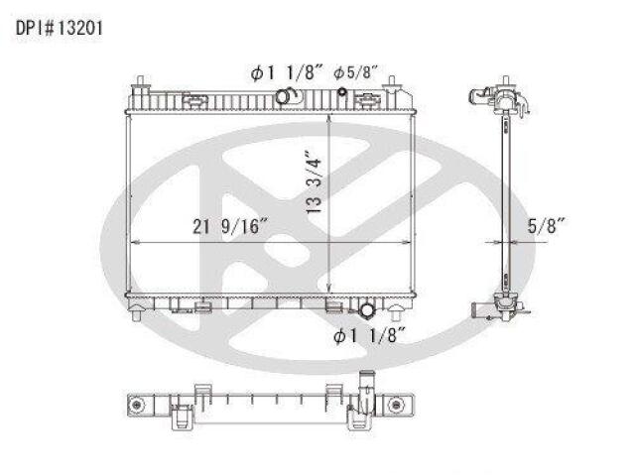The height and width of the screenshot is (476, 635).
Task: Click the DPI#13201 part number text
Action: point(60,29)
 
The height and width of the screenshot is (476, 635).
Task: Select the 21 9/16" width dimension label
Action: point(230,226)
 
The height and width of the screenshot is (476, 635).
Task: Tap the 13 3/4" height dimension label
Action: point(314,182)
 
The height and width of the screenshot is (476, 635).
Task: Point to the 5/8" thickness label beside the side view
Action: point(547,225)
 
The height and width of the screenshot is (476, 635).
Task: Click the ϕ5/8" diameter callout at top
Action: point(355,72)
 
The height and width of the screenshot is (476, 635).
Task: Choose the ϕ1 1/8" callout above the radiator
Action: point(287,73)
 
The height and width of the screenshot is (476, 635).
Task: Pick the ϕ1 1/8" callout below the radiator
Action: point(369,335)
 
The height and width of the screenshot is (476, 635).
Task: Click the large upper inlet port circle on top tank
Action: point(283,96)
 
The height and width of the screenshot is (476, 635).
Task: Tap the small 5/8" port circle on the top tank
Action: point(342,92)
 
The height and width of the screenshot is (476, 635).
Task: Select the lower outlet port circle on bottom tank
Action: point(367,310)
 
